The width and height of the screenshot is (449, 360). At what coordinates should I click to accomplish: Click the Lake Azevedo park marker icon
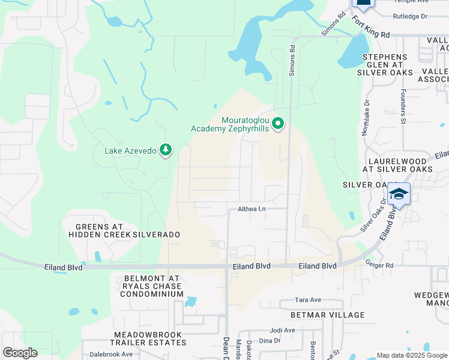[x=166, y=150]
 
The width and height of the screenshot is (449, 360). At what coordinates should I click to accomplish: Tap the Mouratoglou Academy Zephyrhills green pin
[x=277, y=124]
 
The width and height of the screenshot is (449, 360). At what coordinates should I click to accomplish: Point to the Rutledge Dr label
[x=410, y=17]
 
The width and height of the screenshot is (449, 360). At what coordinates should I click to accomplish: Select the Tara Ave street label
[x=309, y=299]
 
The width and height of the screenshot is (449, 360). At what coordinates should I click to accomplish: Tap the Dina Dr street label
[x=270, y=340]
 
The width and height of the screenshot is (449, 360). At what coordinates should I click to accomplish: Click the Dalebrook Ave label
[x=107, y=354]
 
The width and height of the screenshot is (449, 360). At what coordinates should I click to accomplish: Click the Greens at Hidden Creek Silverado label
[x=120, y=230]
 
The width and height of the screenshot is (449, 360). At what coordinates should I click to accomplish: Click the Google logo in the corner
[x=20, y=353]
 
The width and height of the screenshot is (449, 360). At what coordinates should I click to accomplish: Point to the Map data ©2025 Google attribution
[x=411, y=355]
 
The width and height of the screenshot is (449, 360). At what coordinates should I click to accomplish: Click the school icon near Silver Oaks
[x=399, y=194]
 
